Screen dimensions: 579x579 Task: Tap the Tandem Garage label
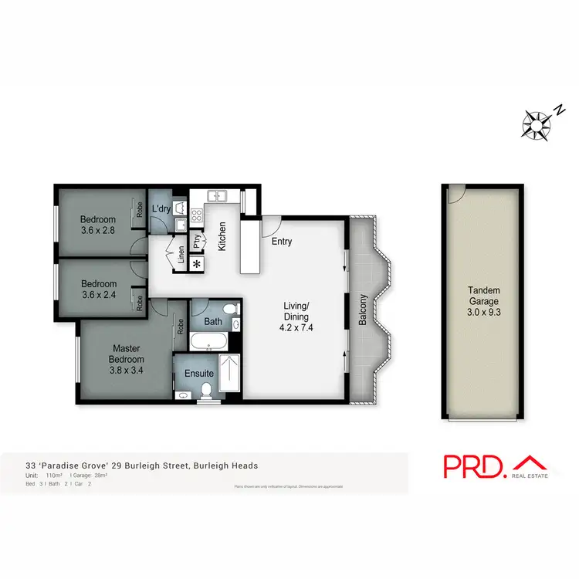(x=484, y=296)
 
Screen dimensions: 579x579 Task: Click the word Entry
(x=282, y=242)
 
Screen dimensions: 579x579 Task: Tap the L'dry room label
(x=161, y=209)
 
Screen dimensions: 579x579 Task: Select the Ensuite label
(x=198, y=374)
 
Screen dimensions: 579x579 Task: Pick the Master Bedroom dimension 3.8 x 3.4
(x=126, y=371)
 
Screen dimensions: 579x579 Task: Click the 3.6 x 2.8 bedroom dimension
(x=97, y=229)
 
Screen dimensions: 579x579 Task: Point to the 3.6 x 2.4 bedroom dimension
(x=99, y=294)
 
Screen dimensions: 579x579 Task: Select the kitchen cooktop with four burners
(x=196, y=215)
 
